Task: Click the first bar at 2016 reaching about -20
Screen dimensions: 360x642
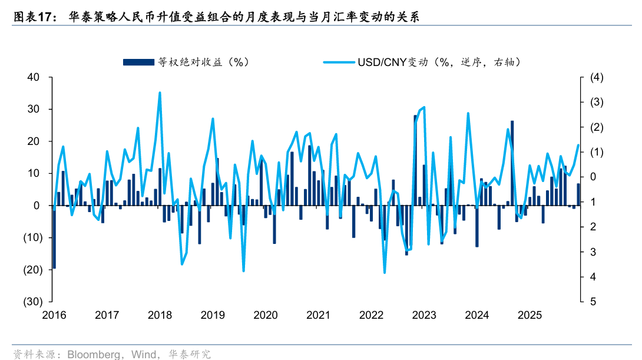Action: [54, 237]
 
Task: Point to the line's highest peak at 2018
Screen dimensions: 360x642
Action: [160, 93]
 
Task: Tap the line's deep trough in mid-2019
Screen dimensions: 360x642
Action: [243, 270]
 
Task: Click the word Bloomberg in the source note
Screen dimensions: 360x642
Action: [92, 354]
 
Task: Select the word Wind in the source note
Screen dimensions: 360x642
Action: [143, 354]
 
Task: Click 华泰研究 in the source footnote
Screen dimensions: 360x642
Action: [190, 354]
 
